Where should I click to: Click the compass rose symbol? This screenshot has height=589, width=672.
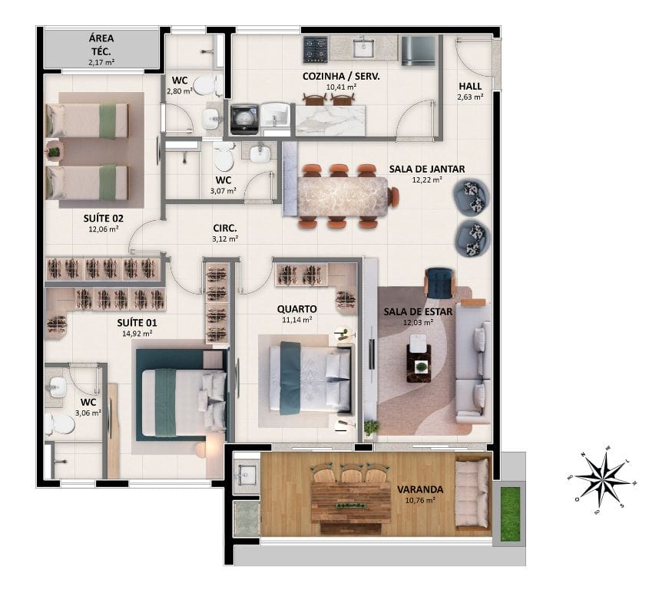604,482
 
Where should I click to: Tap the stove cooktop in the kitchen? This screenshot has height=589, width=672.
316,50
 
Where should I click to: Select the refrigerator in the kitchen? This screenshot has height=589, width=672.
418,50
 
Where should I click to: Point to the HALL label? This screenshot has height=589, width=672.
470,86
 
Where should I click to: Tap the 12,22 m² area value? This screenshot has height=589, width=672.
427,180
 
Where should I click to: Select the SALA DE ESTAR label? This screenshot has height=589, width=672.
418,312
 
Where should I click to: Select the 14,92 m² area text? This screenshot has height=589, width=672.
137,334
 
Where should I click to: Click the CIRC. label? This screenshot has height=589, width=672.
225,229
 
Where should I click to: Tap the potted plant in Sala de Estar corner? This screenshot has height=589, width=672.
371,427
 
